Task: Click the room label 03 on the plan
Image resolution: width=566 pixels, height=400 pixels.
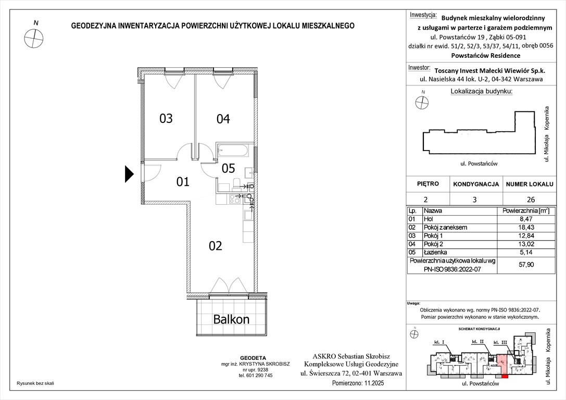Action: (x=166, y=119)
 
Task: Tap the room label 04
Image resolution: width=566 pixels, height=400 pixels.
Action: (x=223, y=119)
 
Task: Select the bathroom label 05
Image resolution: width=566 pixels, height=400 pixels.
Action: (x=229, y=168)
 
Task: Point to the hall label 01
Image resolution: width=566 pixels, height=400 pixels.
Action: (x=182, y=182)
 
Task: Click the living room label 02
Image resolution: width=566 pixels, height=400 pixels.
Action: (x=216, y=246)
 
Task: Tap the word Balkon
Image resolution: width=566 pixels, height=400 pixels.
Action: (x=231, y=319)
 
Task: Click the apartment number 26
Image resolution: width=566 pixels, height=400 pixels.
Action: (x=530, y=199)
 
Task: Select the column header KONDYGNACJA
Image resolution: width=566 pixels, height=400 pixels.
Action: (x=476, y=184)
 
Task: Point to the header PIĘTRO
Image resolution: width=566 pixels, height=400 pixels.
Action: (x=428, y=184)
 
